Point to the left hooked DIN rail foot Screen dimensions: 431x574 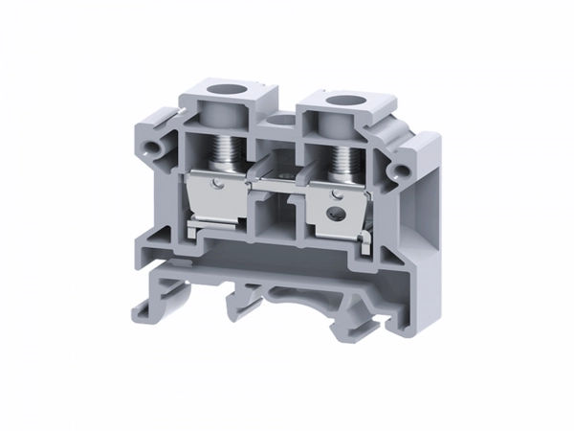(144, 305)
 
